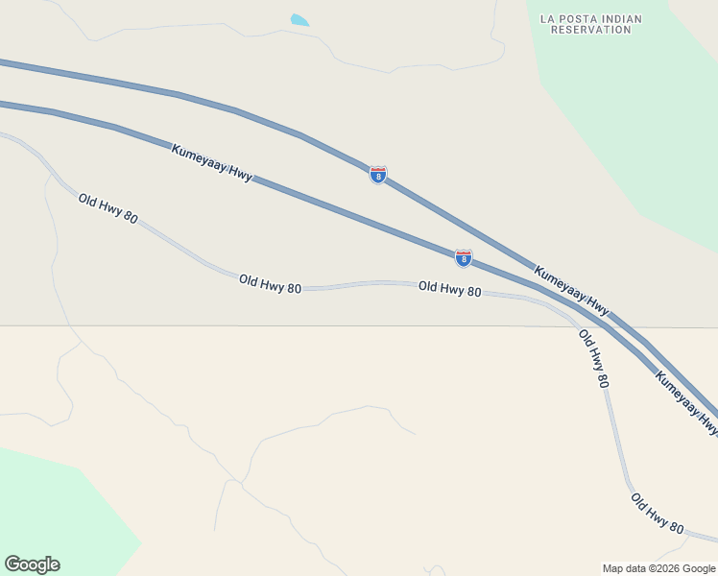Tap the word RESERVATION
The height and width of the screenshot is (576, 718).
tap(590, 30)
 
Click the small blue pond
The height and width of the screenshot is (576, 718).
tap(299, 20)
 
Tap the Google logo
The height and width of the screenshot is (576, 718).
tap(32, 564)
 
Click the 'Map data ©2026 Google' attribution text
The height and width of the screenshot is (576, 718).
tap(659, 568)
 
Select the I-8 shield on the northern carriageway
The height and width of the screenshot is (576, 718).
tap(378, 175)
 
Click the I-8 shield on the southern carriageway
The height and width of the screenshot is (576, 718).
tap(464, 257)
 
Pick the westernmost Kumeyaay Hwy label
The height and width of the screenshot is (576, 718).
tap(211, 163)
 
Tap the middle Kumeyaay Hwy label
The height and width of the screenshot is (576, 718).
tap(571, 290)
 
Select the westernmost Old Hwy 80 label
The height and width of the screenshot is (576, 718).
tap(108, 208)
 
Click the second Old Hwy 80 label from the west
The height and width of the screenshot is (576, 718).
tap(270, 283)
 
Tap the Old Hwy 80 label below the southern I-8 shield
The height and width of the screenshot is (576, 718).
tap(449, 288)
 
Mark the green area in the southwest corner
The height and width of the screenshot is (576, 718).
tap(58, 509)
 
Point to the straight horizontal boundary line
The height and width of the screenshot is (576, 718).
tap(288, 325)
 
